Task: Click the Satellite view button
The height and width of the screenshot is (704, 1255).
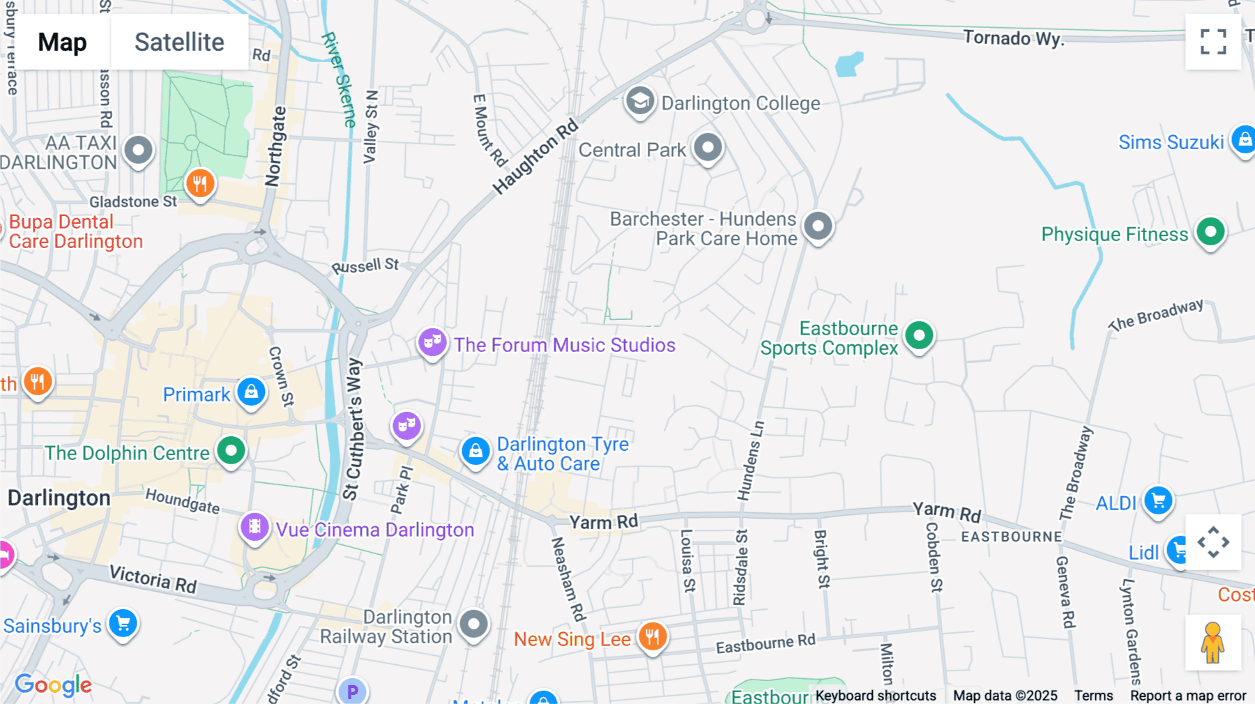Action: coord(179,42)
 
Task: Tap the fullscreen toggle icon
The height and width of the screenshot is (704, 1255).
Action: coord(1213,42)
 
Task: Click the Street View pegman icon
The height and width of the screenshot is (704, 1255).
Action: coord(1213,642)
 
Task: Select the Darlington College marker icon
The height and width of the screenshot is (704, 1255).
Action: coord(639,101)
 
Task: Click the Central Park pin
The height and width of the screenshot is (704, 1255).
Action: coord(708,147)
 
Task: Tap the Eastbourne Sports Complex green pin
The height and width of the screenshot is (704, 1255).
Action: coord(919,336)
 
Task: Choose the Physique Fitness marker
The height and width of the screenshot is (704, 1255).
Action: coord(1210,231)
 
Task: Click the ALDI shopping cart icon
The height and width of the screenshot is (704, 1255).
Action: coord(1158,500)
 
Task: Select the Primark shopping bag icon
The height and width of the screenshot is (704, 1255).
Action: coord(251,392)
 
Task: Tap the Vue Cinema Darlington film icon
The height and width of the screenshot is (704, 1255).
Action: coord(254,527)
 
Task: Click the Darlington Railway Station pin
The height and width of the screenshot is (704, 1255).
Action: coord(474,624)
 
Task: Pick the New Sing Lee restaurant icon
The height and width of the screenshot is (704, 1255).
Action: coord(653,636)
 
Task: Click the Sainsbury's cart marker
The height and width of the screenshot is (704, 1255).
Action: coord(123,623)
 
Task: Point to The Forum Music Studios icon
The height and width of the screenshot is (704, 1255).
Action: coord(432,342)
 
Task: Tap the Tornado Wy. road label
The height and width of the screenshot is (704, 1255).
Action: coord(1013,38)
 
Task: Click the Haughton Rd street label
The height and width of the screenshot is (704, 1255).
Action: coord(535,157)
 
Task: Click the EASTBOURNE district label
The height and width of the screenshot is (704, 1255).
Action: coord(1011,537)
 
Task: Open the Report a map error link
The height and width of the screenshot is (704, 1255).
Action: coord(1187,695)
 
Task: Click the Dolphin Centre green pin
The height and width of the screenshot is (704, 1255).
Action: coord(231,450)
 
